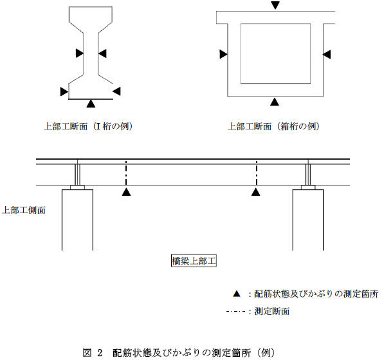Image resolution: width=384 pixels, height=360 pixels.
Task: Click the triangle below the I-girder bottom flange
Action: pos(91,103)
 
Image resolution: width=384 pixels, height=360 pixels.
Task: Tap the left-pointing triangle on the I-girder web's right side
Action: pos(102,53)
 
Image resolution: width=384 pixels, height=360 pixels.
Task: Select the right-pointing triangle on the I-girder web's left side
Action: pos(80,53)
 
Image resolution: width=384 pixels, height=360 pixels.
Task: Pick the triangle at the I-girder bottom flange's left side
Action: pos(64,91)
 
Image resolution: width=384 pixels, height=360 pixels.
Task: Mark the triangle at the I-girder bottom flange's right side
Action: pos(116,91)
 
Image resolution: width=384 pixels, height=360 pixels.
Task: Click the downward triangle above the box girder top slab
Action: pos(275,5)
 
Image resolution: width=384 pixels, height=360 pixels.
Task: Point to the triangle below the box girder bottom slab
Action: pos(275,102)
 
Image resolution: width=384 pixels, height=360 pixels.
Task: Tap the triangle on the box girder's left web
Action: pos(223,54)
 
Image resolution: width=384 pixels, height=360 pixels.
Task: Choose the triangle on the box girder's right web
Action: pos(327,54)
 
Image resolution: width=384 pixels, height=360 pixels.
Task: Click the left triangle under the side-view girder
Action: pos(126,192)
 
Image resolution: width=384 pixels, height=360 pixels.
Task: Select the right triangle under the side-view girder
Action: pos(255,192)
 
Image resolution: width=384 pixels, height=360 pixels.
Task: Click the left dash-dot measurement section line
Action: pos(126,173)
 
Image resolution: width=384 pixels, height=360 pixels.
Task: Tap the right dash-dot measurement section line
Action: pos(257,173)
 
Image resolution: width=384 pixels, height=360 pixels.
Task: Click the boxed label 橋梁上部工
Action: pos(194,261)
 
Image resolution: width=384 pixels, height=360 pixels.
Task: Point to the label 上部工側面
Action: pos(24,210)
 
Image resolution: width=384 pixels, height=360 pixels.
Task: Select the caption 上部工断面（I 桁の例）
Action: pos(88,126)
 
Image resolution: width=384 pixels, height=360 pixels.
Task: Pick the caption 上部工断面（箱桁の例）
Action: pos(274,126)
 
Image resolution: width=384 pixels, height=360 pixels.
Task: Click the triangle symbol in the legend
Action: pos(237,294)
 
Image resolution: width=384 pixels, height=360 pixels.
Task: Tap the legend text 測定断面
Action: pos(272,311)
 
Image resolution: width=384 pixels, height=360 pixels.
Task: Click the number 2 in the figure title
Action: pos(100,353)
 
